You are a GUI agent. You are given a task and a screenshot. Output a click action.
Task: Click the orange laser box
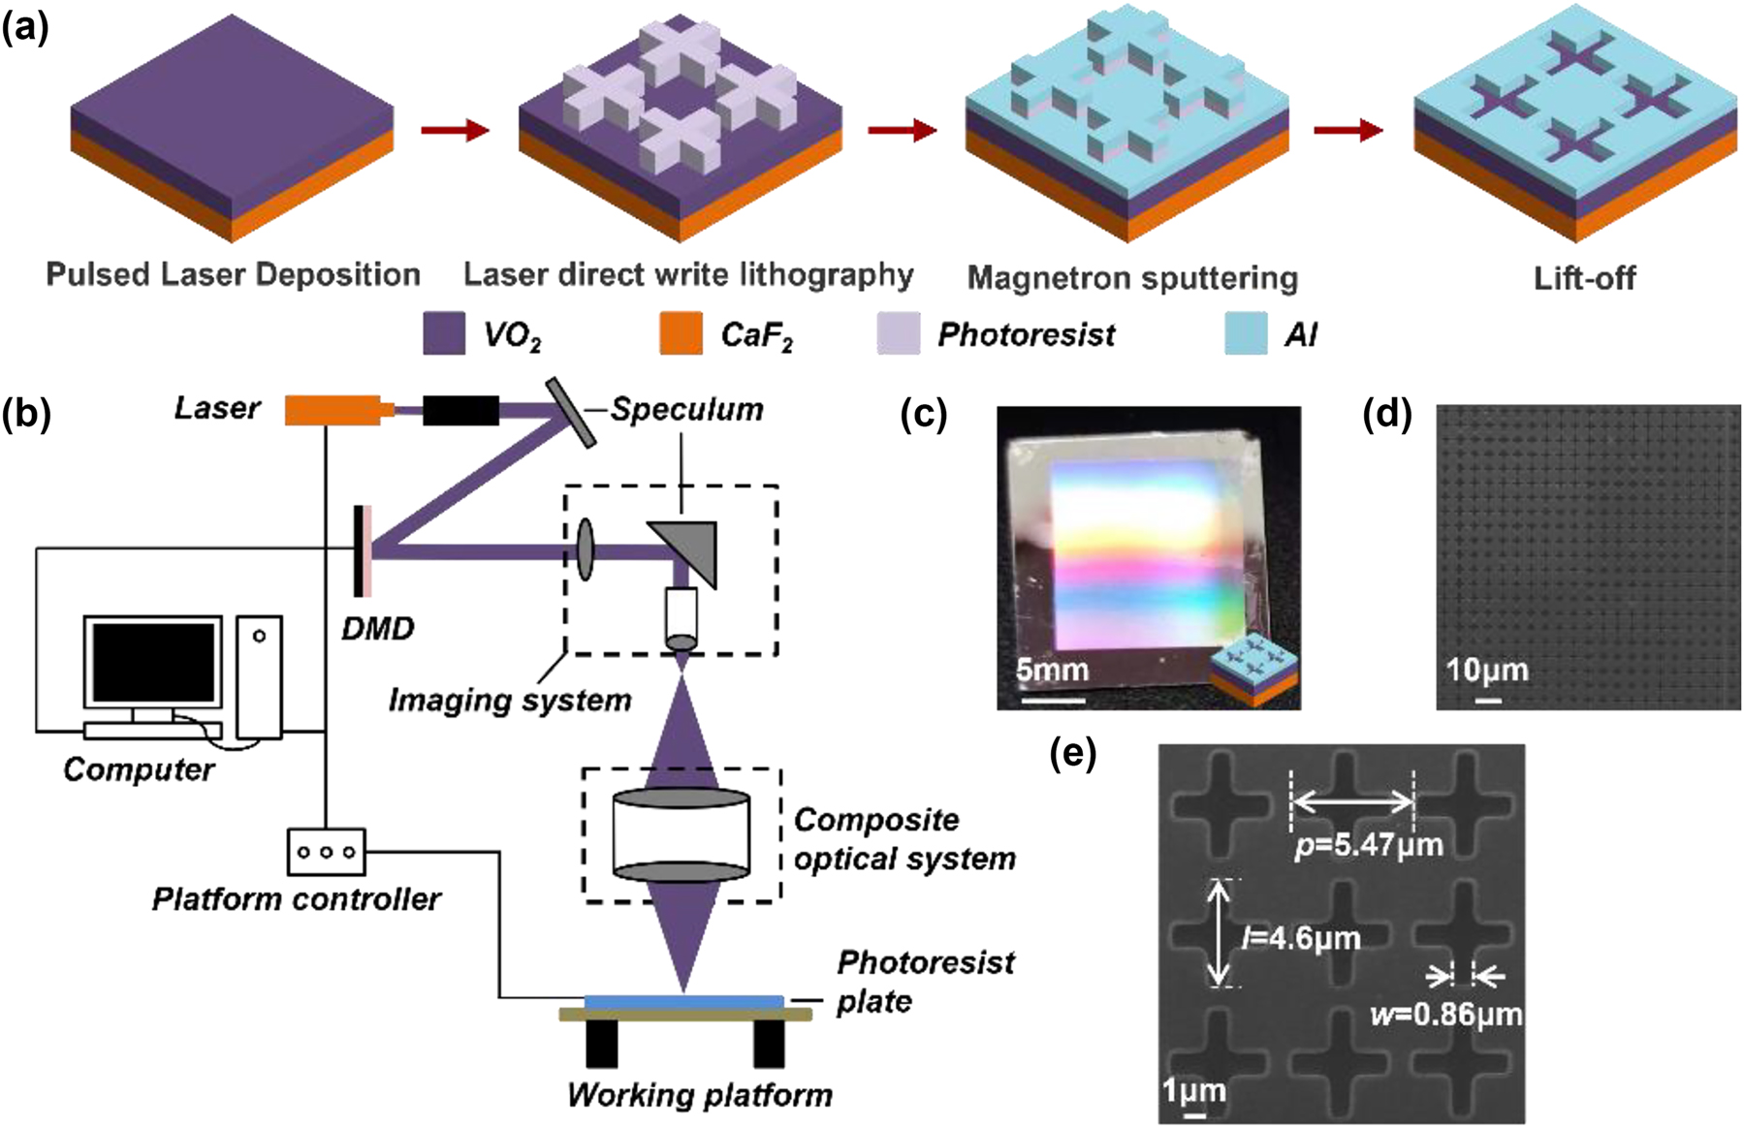(x=332, y=410)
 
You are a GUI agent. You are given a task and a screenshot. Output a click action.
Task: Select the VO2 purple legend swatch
(x=444, y=333)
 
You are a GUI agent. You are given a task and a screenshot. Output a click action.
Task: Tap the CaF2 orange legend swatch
(x=680, y=333)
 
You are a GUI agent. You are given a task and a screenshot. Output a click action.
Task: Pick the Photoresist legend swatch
(x=898, y=333)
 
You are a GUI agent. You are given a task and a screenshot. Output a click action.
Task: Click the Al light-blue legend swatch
(x=1246, y=333)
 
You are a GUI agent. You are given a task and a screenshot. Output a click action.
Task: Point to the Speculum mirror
(x=571, y=412)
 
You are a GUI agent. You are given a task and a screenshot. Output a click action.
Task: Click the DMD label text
(x=377, y=629)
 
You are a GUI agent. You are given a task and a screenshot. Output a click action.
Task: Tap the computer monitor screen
(x=152, y=662)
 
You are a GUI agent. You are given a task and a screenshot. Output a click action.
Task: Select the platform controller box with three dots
(x=326, y=852)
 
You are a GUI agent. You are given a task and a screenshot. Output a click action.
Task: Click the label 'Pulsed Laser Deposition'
(x=233, y=275)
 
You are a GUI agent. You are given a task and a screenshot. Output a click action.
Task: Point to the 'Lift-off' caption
(x=1583, y=279)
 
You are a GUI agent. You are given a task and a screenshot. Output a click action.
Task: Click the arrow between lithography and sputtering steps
(x=902, y=130)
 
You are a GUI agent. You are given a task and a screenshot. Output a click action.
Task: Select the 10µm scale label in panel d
(x=1486, y=670)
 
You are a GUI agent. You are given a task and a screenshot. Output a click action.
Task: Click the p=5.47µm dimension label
(x=1369, y=845)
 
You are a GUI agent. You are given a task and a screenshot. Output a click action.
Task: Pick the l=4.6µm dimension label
(x=1301, y=938)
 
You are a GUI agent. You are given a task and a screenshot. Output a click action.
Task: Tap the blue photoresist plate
(x=683, y=1000)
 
